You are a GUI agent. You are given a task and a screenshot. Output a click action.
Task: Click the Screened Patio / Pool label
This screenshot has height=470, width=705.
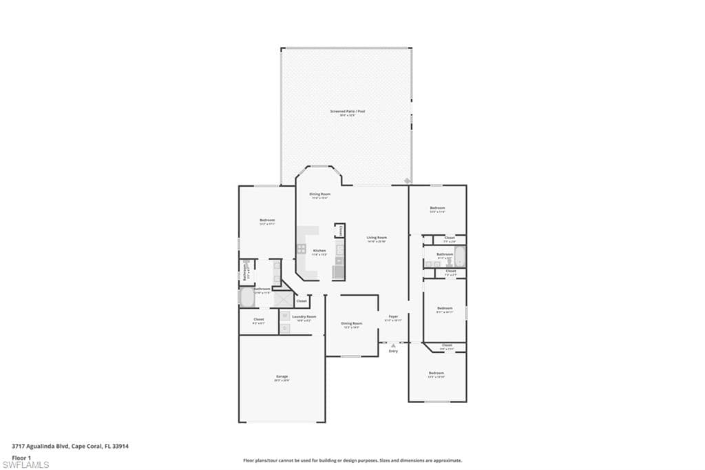click(346, 111)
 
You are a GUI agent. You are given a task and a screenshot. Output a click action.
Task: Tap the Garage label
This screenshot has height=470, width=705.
click(282, 376)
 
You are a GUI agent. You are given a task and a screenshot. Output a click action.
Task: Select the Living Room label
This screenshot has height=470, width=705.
click(377, 238)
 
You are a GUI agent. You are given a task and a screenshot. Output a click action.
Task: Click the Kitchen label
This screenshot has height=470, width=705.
click(319, 250)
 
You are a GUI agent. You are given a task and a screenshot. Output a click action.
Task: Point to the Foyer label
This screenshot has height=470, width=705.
click(393, 316)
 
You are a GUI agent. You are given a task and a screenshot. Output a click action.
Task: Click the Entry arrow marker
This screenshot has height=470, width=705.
click(393, 345)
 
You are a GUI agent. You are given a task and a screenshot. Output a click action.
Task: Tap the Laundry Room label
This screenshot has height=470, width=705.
click(304, 316)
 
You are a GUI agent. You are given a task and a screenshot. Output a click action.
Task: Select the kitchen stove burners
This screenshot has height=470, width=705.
click(302, 249)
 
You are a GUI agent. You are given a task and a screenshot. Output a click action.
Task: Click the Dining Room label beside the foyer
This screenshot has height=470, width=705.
click(352, 323)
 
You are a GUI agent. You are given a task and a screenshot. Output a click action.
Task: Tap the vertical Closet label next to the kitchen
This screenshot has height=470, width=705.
click(339, 230)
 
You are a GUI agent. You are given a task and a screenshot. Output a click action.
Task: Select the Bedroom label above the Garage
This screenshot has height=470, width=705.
click(267, 220)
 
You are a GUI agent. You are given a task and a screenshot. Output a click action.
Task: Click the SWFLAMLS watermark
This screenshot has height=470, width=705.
click(25, 464)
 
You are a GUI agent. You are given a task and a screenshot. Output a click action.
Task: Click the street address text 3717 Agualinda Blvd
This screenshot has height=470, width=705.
click(41, 446)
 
